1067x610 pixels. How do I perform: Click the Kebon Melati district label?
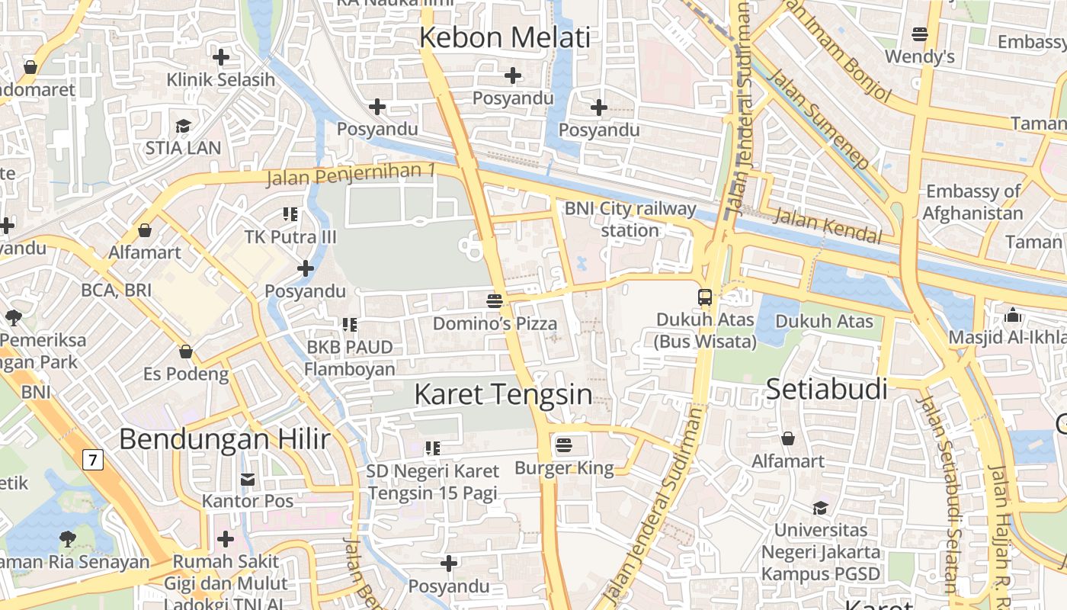point(505,37)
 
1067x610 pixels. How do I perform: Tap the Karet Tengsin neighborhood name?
point(503,394)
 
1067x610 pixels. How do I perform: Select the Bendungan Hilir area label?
point(225,439)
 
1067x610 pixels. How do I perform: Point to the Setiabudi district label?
point(827,389)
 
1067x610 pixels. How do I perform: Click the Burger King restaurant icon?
point(564,445)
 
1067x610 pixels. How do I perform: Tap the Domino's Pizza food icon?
point(495,300)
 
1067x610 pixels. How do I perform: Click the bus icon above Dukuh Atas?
point(705,297)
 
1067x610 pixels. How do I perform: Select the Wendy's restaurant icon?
point(920,34)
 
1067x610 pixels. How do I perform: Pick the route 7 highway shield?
point(93,460)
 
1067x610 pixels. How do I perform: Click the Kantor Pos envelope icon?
point(248,479)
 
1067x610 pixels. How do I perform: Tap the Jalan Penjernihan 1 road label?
point(351,175)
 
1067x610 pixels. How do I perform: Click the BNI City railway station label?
point(630,219)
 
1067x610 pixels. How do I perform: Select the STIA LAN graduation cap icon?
point(183,126)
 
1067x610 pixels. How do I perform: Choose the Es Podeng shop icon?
point(185,352)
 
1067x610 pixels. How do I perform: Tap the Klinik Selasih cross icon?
point(221,57)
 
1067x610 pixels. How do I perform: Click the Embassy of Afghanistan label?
point(973,202)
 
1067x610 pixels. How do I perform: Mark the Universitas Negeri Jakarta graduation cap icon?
point(820,508)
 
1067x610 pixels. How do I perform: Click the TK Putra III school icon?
point(290,214)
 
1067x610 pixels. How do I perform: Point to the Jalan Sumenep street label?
point(819,118)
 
